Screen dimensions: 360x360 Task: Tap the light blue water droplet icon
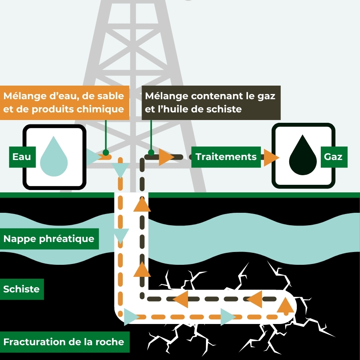point(54,156)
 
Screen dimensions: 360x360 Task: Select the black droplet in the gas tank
point(303,156)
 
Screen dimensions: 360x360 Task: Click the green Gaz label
point(333,156)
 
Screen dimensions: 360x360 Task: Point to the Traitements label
point(226,156)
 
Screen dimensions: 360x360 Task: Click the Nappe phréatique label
point(49,239)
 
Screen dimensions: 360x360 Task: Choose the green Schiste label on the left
point(21,289)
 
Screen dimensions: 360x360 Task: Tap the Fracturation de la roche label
point(64,342)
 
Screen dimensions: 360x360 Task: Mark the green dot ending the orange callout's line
point(106,152)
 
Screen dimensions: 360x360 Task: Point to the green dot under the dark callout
point(151,152)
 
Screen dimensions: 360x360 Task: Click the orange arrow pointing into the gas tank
point(271,157)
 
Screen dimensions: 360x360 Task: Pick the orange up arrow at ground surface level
point(142,204)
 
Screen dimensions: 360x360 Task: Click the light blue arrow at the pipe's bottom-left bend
point(131,317)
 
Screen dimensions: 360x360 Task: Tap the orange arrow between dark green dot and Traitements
point(166,157)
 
